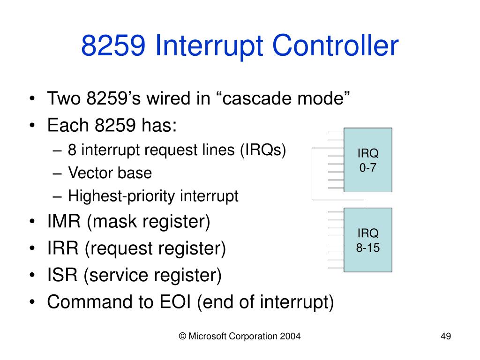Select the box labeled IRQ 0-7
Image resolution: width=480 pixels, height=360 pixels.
click(368, 160)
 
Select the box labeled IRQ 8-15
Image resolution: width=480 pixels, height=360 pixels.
click(368, 240)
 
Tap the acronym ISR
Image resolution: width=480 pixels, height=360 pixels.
click(63, 275)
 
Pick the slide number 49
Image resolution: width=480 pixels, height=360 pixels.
click(445, 336)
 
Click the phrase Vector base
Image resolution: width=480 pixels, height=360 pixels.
click(110, 173)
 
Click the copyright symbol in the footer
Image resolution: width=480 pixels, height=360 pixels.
click(182, 336)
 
